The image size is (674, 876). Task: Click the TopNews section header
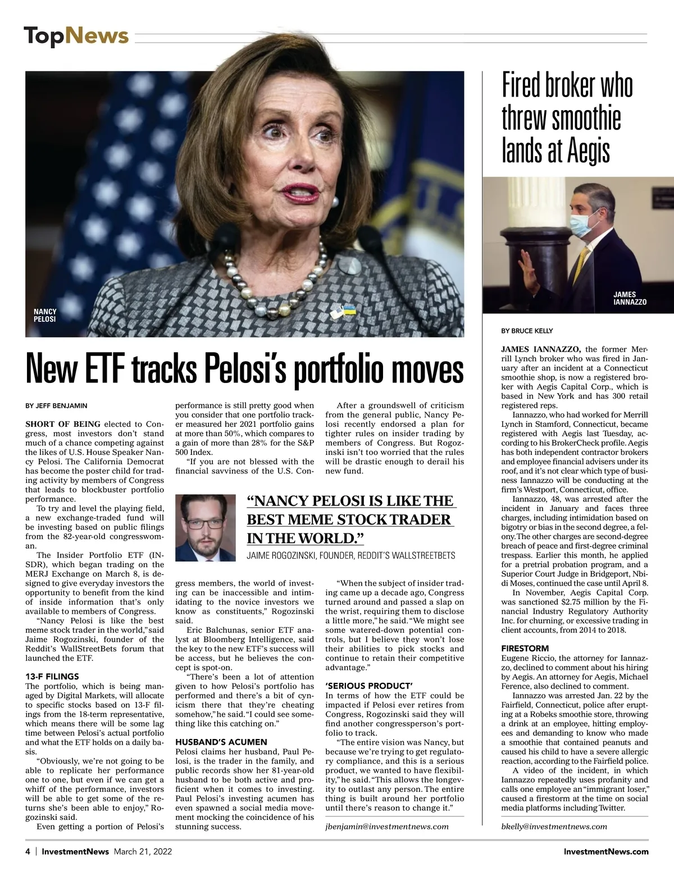coord(76,36)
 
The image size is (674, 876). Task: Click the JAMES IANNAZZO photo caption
coord(630,298)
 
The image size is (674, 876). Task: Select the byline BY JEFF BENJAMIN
coord(56,405)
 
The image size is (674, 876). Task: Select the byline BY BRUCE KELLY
coord(527,331)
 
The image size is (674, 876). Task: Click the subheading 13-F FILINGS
coord(52,676)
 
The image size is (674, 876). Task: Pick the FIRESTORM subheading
coord(522,649)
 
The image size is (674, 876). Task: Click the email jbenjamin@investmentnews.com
coord(387,826)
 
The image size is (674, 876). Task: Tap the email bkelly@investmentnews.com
coord(554,826)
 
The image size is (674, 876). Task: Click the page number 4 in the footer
coord(28,851)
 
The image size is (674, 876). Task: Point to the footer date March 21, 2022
coord(143,851)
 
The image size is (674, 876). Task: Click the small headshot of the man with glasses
coord(206,523)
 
